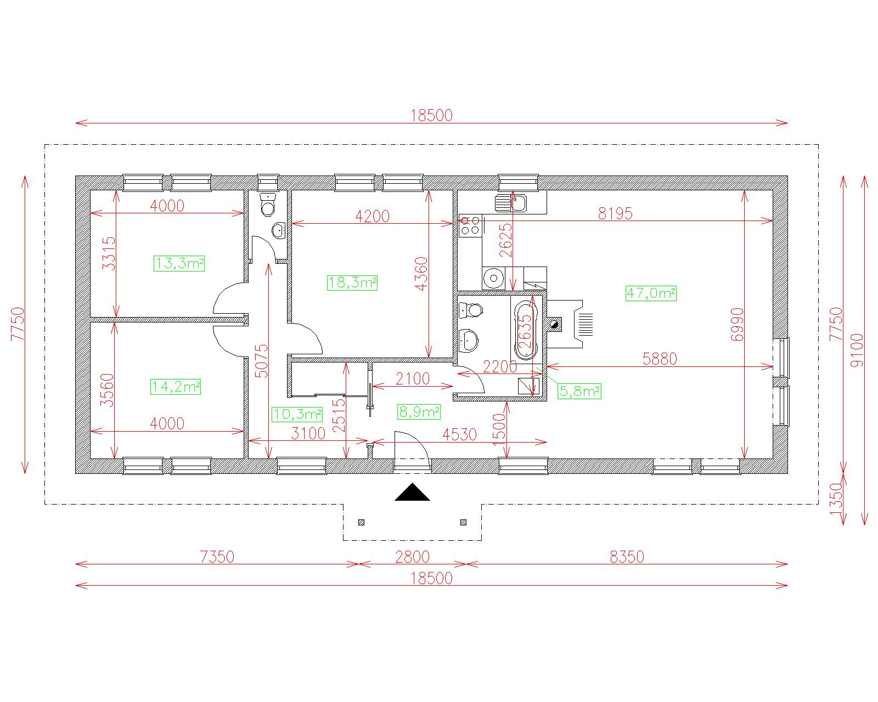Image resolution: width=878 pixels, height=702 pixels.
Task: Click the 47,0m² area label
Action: point(651,293)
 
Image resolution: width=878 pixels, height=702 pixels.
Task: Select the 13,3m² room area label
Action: point(179,263)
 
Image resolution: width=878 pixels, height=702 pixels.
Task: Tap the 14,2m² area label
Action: point(176,387)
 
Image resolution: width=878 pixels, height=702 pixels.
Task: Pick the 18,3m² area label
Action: point(352,282)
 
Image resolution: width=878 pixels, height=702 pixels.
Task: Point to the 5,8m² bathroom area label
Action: point(579,391)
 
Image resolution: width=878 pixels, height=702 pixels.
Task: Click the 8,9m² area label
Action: point(419,412)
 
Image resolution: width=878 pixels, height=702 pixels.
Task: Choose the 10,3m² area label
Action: point(297,415)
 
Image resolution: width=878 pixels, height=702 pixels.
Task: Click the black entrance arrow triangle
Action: point(412,492)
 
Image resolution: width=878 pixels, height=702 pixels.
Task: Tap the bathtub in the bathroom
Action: point(526,330)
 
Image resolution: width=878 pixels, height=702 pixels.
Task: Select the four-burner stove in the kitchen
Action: point(470,225)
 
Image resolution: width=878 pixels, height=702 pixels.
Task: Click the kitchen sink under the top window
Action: point(511,203)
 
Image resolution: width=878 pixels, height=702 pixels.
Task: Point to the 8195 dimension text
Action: point(615,213)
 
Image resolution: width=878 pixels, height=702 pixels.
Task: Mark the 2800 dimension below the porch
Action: point(412,557)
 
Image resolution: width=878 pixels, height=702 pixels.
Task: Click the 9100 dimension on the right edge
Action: point(857,350)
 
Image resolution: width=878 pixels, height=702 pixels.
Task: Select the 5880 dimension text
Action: point(660,359)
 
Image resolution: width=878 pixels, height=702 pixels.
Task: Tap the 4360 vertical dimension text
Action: point(421,274)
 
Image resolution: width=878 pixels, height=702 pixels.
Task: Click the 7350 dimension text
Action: point(217,557)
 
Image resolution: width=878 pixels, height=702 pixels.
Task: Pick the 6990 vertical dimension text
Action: point(738,324)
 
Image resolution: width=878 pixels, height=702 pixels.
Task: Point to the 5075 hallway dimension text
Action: point(261,361)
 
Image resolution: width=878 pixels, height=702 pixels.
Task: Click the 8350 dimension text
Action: point(627,557)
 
